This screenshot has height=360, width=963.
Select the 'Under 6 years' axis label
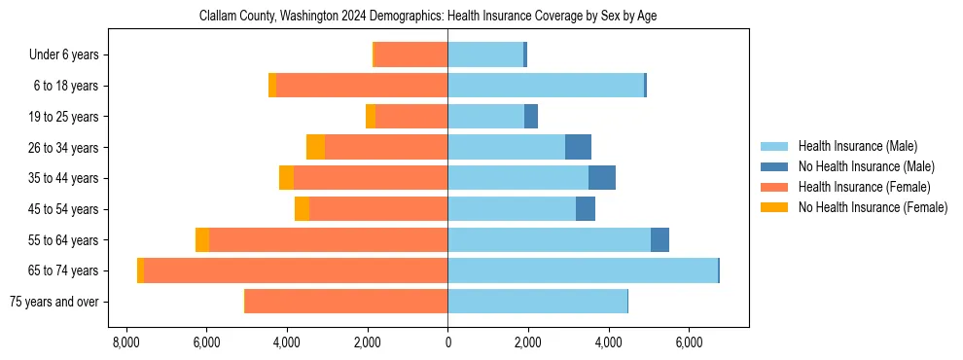(x=63, y=55)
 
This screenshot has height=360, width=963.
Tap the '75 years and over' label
(x=53, y=302)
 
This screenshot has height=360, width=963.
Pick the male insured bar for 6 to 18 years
(x=546, y=86)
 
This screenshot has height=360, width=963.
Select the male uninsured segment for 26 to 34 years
(x=578, y=147)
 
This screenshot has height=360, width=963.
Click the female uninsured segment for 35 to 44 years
(x=286, y=178)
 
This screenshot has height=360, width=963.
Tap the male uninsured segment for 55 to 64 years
(x=660, y=240)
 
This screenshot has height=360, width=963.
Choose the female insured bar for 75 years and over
(x=346, y=302)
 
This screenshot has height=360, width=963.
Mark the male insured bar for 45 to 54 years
(x=512, y=209)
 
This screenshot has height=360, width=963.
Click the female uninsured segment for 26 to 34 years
(x=315, y=147)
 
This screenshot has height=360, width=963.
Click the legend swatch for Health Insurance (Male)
(x=774, y=146)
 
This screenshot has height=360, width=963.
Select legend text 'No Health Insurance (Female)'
(x=873, y=207)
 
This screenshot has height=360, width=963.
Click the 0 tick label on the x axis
(x=447, y=342)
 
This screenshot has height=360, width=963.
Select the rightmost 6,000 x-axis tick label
(x=689, y=342)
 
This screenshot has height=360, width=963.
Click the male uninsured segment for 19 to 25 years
(x=531, y=117)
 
